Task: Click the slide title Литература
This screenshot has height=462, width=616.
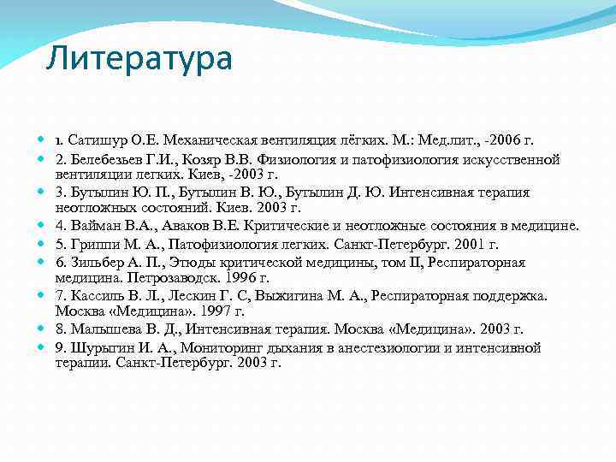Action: point(139,59)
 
